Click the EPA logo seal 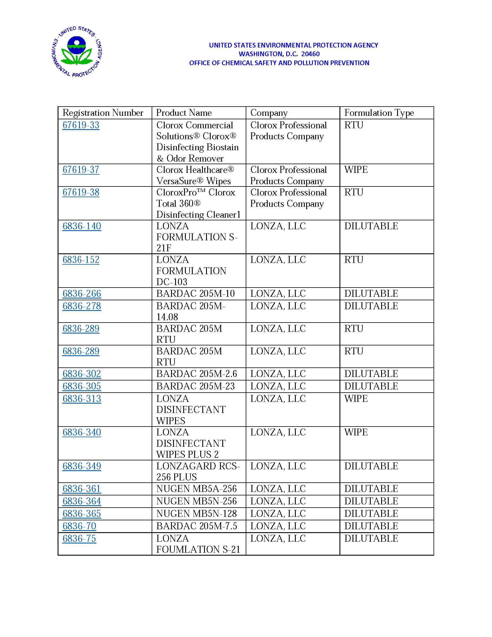(76, 52)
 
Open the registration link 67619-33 (81, 125)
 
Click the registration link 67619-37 (81, 170)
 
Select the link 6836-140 (82, 226)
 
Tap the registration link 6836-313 (82, 399)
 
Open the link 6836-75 (79, 539)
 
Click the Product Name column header (184, 113)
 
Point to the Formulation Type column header (379, 113)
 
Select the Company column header (269, 113)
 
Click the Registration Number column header (103, 113)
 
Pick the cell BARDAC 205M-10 (195, 294)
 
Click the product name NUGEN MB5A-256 (197, 489)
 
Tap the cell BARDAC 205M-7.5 (197, 526)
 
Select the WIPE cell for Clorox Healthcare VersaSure (356, 170)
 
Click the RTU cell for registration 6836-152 (354, 260)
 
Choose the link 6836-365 (82, 514)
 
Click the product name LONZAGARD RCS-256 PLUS (198, 471)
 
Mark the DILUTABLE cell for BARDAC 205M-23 (371, 386)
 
